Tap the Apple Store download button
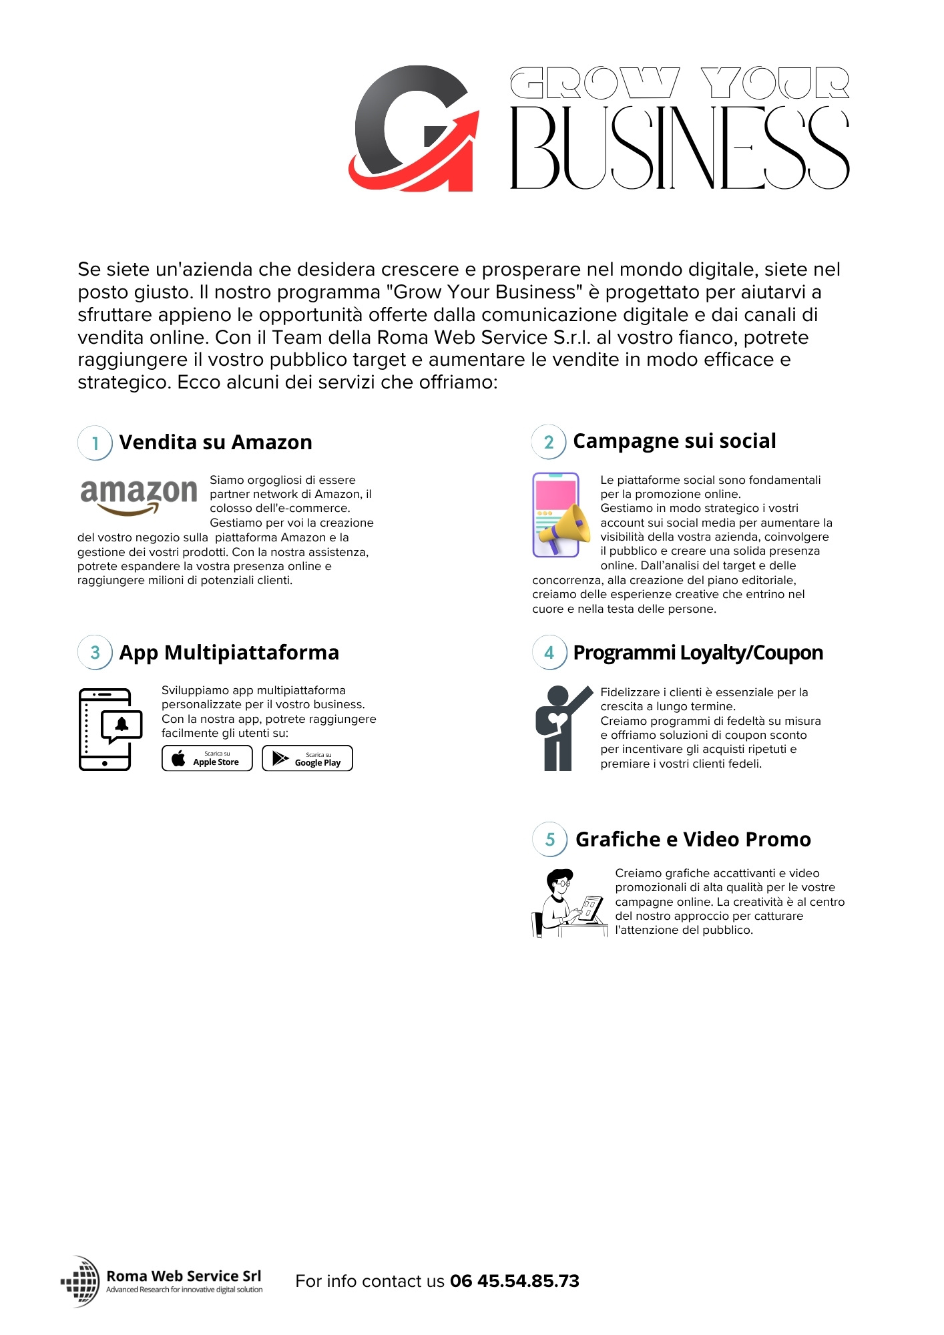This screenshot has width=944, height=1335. [207, 758]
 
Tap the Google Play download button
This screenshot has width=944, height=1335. [307, 758]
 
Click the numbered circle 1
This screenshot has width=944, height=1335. [95, 443]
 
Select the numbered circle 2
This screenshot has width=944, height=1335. [549, 442]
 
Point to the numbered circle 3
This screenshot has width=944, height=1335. [95, 652]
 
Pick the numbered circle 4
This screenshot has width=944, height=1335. [549, 652]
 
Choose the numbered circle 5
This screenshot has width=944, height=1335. [549, 839]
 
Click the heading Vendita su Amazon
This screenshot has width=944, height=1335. [216, 443]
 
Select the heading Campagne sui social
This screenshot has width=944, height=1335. [674, 441]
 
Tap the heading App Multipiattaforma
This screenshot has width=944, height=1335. [229, 652]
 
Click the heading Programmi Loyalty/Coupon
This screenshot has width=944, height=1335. [698, 652]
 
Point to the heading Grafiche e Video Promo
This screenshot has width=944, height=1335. [693, 839]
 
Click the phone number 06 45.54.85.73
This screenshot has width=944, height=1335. [515, 1281]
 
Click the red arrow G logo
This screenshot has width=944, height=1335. [414, 128]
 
